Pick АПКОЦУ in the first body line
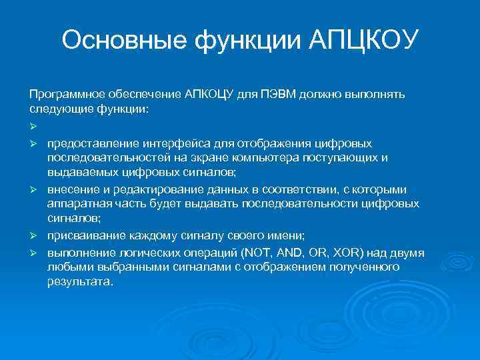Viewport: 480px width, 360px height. click(207, 93)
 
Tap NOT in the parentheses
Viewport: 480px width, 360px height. click(256, 253)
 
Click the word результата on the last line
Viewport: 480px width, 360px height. click(79, 281)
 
